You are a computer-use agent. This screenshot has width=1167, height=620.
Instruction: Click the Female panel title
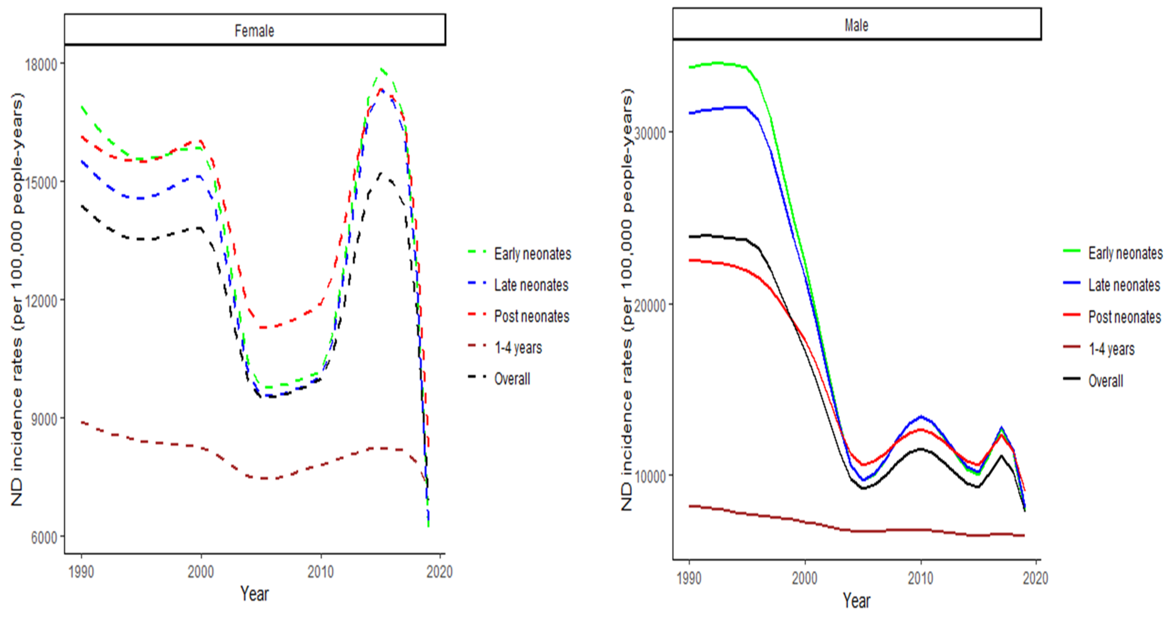pyautogui.click(x=254, y=30)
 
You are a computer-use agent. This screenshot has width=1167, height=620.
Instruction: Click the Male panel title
pyautogui.click(x=856, y=25)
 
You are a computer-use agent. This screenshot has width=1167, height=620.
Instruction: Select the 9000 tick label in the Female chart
pyautogui.click(x=44, y=419)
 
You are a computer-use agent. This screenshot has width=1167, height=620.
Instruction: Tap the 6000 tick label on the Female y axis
pyautogui.click(x=44, y=538)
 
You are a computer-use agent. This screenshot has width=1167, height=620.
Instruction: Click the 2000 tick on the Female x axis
pyautogui.click(x=201, y=572)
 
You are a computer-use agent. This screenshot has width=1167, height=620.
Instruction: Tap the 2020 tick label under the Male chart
pyautogui.click(x=1035, y=578)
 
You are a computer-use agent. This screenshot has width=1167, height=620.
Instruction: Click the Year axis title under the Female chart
pyautogui.click(x=254, y=593)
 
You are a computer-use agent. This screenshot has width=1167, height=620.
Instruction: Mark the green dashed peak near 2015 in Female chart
pyautogui.click(x=382, y=69)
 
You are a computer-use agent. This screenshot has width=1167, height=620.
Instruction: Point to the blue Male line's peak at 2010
pyautogui.click(x=921, y=416)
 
